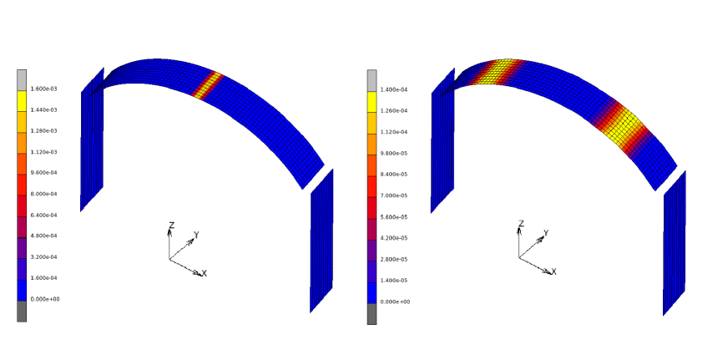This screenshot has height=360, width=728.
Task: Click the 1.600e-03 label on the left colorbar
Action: click(x=44, y=89)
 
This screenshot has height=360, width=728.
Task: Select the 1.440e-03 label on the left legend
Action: click(x=44, y=109)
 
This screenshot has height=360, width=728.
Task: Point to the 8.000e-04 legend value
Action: click(x=44, y=194)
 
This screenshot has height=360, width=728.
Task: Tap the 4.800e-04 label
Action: click(x=44, y=236)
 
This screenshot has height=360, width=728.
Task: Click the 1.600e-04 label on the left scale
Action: click(x=44, y=278)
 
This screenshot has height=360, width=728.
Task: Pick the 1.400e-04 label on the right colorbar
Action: click(x=394, y=89)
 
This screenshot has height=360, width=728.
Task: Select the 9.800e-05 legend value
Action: click(x=394, y=154)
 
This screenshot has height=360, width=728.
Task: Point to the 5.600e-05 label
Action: click(x=394, y=217)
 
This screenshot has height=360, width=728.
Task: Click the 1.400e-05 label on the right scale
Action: click(x=394, y=281)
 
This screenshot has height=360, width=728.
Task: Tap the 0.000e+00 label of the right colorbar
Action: click(x=394, y=302)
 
